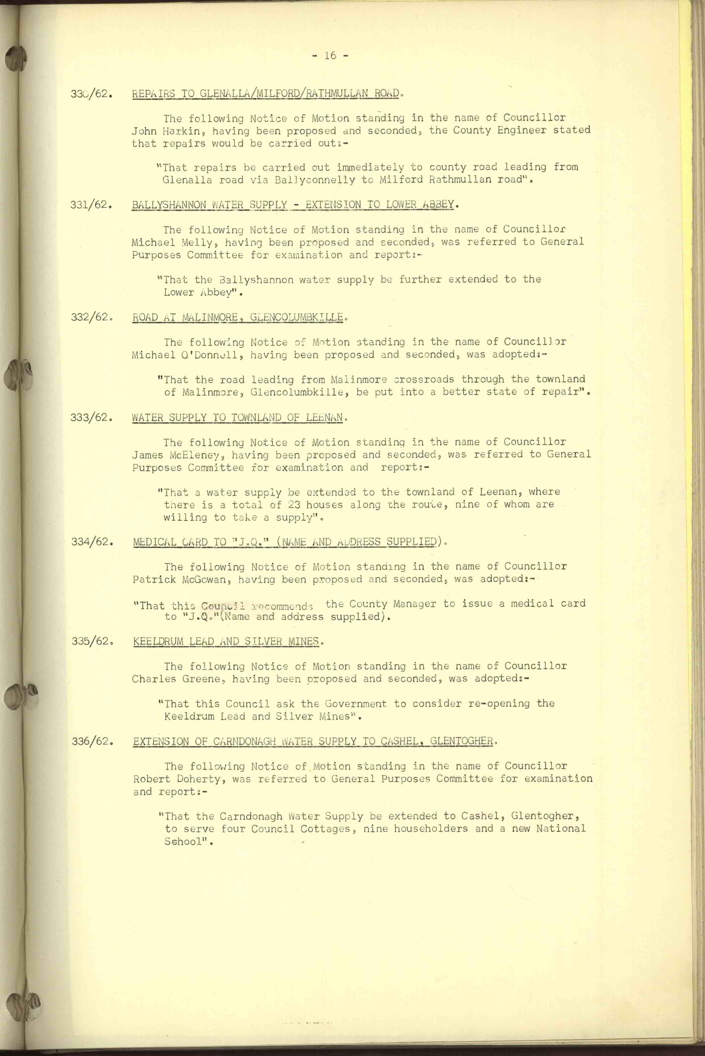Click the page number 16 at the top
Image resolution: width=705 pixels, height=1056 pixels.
click(330, 55)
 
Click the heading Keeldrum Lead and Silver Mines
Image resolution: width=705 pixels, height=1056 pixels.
click(227, 641)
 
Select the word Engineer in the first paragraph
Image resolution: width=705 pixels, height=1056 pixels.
click(521, 130)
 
